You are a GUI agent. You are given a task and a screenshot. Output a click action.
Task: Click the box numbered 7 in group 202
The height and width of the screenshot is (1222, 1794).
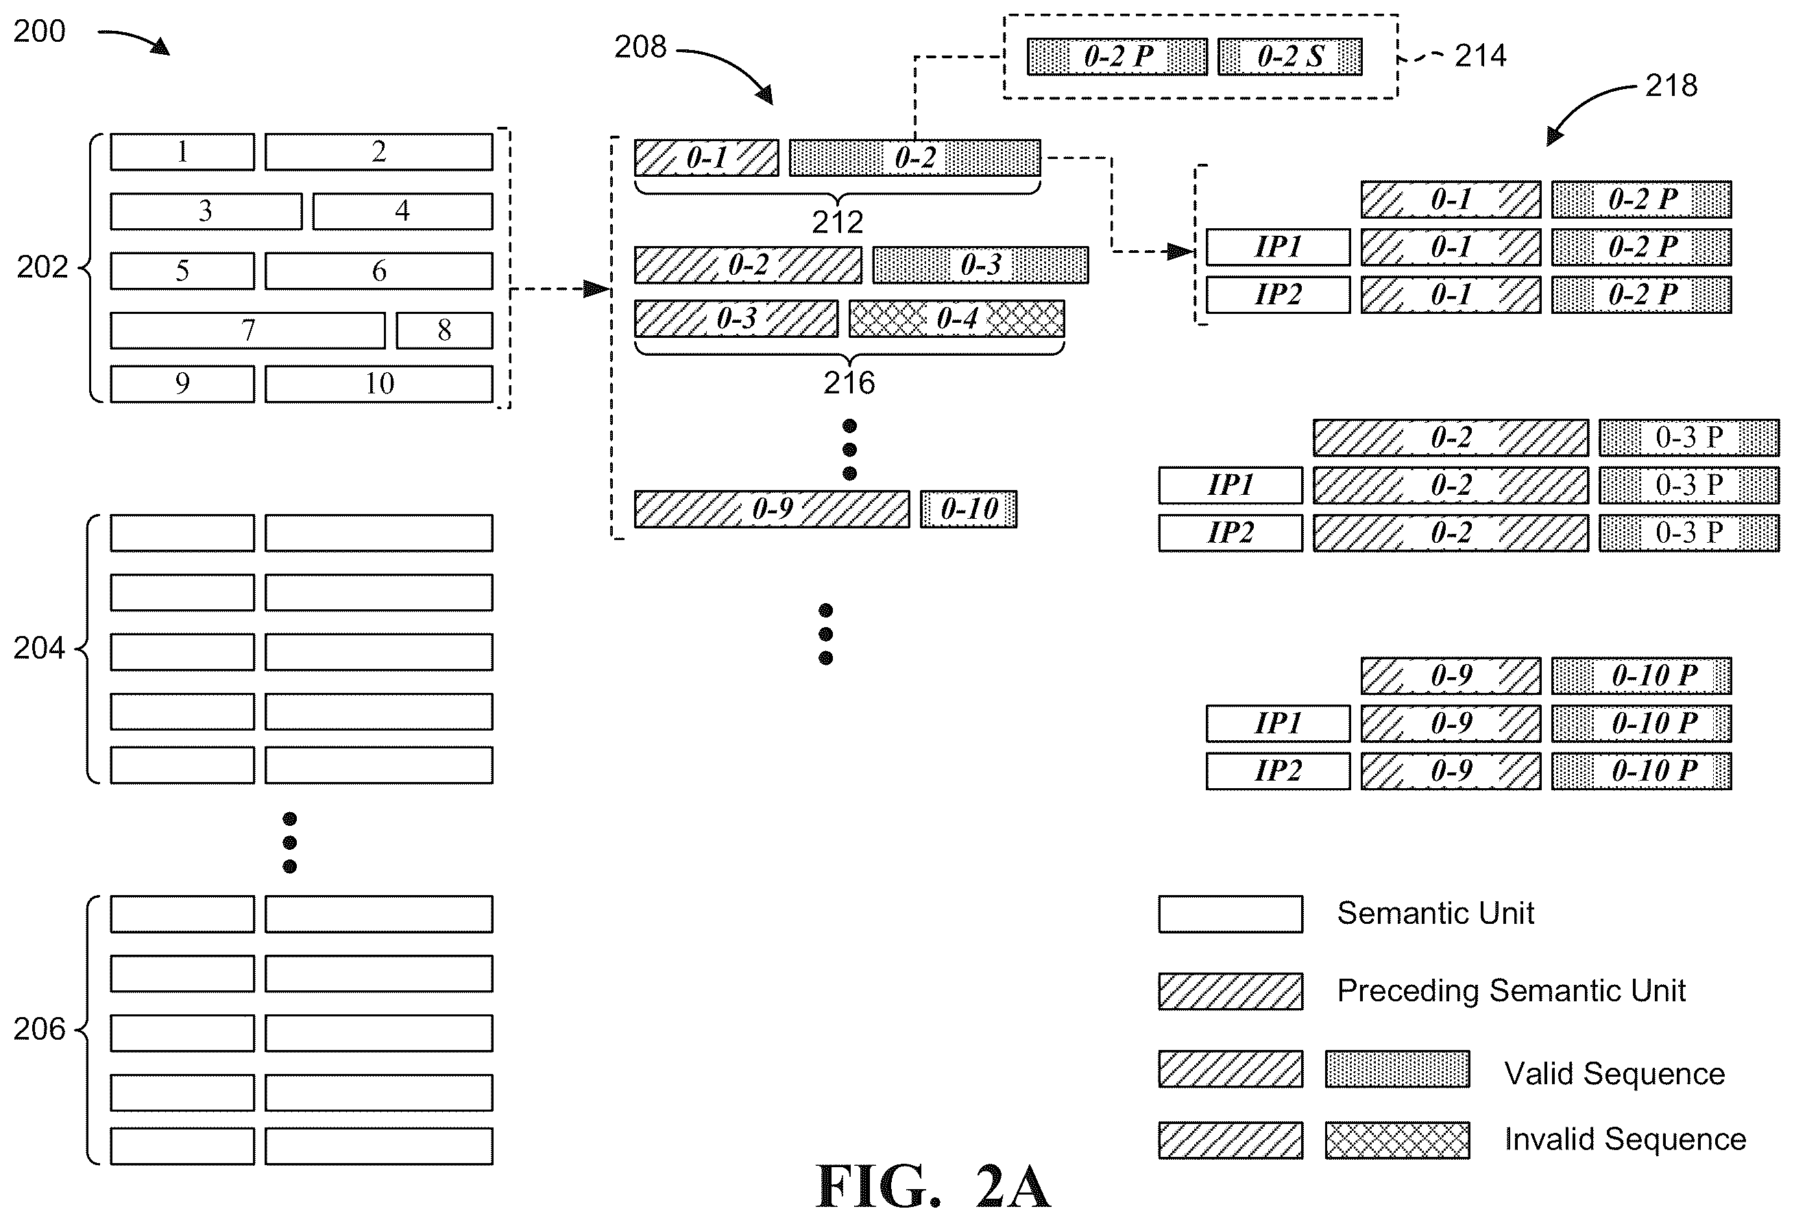point(247,330)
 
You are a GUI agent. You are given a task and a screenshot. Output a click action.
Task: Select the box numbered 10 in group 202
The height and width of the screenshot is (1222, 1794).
point(379,384)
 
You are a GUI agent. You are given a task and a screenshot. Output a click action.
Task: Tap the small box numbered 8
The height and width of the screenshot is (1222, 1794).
point(445,330)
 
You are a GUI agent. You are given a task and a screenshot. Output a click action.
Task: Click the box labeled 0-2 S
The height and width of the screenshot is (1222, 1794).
point(1290,56)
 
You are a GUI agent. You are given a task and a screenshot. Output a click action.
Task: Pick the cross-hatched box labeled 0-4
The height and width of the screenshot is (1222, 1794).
point(956,319)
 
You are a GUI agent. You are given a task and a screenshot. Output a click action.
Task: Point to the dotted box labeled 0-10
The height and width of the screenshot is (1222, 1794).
point(969,509)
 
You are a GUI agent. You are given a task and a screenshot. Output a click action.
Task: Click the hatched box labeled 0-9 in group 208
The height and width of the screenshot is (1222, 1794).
point(772,509)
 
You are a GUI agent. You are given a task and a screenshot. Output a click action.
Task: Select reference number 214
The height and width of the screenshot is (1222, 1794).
point(1481,56)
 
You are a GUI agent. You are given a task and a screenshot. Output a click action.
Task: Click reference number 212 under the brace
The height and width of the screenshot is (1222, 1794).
point(838,222)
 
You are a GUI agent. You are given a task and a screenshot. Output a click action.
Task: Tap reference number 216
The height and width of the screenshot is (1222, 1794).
point(849,383)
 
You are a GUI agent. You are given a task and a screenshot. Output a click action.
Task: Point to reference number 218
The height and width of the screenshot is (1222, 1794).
point(1671,86)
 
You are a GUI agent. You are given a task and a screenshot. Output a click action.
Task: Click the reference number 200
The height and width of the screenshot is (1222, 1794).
point(39,32)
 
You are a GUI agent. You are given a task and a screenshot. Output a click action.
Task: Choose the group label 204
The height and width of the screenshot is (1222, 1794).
point(39,648)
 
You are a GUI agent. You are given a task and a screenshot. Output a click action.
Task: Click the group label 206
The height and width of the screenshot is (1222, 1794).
point(39,1030)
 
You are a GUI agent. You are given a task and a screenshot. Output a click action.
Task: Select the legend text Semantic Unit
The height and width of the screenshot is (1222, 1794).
point(1436,913)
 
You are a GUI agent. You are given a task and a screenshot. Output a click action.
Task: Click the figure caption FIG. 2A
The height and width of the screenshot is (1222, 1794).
point(933,1186)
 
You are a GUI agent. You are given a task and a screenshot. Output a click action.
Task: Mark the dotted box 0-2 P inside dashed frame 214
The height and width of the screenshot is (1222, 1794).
point(1117,56)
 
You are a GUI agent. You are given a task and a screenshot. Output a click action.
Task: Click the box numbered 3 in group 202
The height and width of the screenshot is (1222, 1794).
point(206,210)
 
